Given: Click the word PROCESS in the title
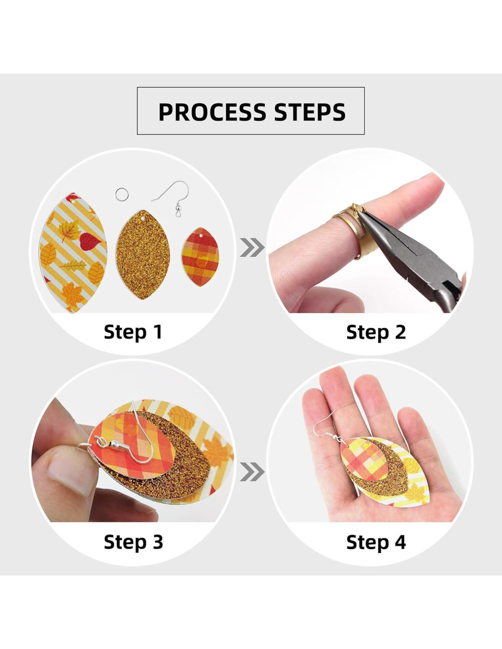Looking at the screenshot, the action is (212, 112).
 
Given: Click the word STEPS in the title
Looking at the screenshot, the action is (310, 112).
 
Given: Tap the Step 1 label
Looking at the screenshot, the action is (133, 332).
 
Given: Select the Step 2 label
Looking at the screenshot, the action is (376, 332).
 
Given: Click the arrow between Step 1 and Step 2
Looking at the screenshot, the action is (252, 247).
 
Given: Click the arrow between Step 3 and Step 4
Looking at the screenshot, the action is (252, 471).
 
